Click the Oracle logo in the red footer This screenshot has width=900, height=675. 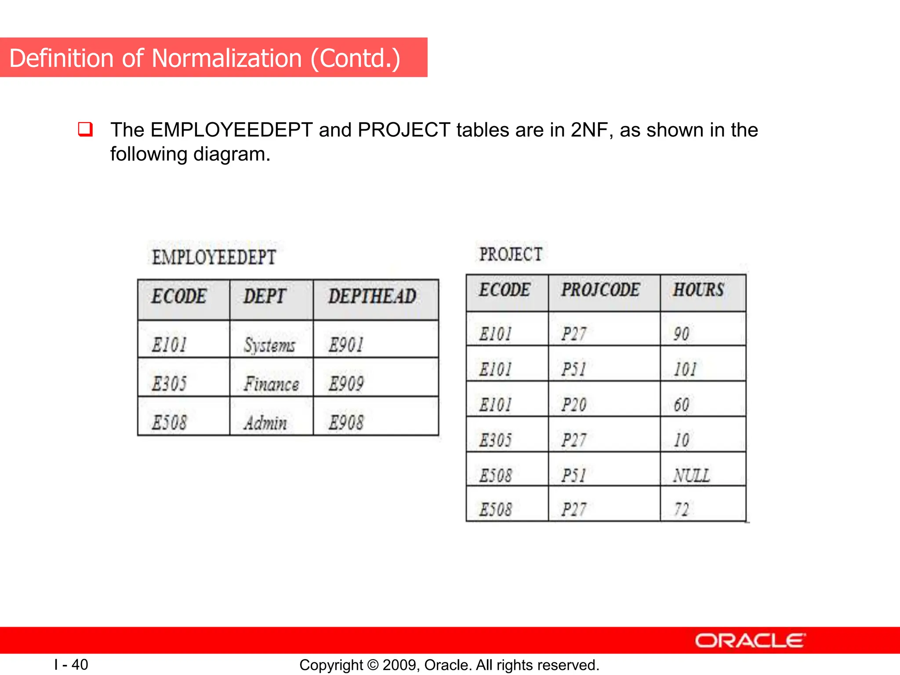(750, 641)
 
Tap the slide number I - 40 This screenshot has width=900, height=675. (71, 664)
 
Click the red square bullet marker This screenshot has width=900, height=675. (85, 129)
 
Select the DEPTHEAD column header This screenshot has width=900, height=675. (372, 297)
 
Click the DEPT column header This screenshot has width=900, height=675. (265, 297)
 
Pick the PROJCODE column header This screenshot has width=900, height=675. (600, 290)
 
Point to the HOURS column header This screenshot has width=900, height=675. (698, 290)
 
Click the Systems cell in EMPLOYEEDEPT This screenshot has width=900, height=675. (269, 345)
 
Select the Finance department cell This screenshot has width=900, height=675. (271, 384)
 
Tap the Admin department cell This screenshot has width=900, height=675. (265, 423)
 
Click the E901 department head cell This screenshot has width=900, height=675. (346, 345)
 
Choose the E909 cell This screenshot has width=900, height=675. (346, 384)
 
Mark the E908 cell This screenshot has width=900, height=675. (346, 423)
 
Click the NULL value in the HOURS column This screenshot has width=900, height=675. (692, 475)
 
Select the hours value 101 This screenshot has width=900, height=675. (686, 370)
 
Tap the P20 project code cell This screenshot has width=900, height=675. (574, 405)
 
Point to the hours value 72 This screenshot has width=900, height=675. (682, 510)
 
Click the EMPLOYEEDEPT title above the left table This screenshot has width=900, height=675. (214, 258)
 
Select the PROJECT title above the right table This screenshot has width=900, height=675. (511, 254)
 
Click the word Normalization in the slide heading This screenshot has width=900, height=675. (227, 58)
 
